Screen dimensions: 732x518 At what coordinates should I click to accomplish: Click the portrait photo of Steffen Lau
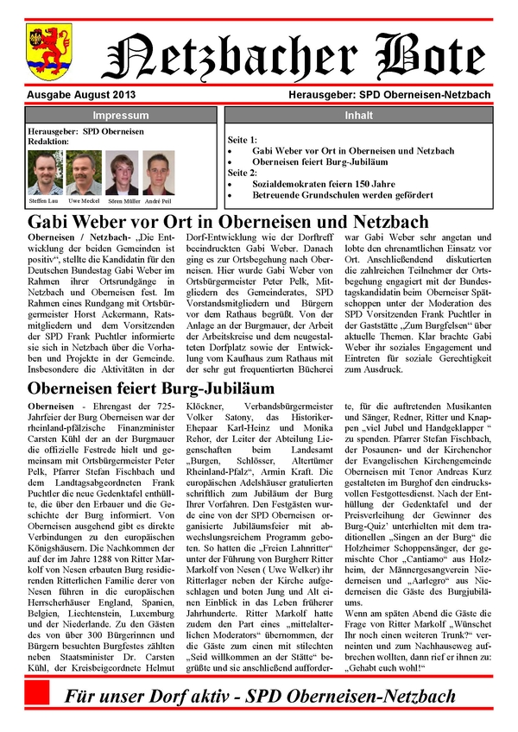pos(44,174)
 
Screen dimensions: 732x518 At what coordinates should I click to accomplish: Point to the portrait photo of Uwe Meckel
pos(83,174)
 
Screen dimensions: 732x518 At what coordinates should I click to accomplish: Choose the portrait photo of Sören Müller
pos(122,174)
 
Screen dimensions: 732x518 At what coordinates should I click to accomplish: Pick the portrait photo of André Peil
pos(158,174)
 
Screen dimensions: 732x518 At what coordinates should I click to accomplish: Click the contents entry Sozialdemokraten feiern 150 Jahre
pos(324,184)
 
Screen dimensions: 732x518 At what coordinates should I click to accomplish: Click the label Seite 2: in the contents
pos(243,173)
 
